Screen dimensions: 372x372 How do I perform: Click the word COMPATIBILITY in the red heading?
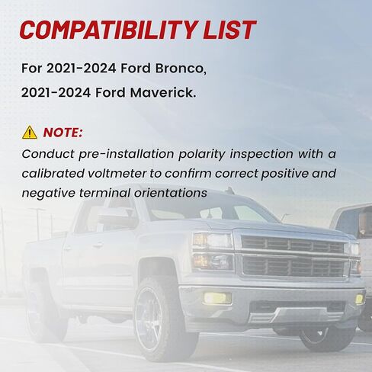coord(109,30)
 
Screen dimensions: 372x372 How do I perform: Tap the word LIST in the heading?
coord(229,30)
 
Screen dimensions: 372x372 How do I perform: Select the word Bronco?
coord(181,68)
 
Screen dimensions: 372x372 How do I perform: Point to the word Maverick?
coord(163,92)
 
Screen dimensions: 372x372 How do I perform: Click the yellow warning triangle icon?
coord(30,133)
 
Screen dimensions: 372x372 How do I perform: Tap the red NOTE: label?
coord(63,133)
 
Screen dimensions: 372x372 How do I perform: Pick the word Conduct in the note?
coord(48,154)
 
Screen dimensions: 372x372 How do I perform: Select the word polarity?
coord(202,155)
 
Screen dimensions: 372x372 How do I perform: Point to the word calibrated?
coord(53,174)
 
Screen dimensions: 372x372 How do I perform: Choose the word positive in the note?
coord(284,175)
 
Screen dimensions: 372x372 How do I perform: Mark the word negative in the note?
coord(49,194)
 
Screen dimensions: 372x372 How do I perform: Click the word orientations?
coord(171,193)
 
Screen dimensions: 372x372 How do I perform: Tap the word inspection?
coord(261,155)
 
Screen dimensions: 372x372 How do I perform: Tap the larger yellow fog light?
coord(216,298)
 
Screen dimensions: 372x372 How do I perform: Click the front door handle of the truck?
coord(98,245)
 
